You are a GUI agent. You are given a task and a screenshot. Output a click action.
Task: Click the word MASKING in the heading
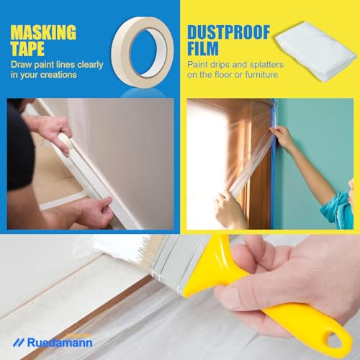click(x=43, y=32)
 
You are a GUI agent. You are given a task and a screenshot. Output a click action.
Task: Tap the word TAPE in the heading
click(x=28, y=50)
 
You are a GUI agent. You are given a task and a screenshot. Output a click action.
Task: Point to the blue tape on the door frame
click(x=271, y=173)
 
